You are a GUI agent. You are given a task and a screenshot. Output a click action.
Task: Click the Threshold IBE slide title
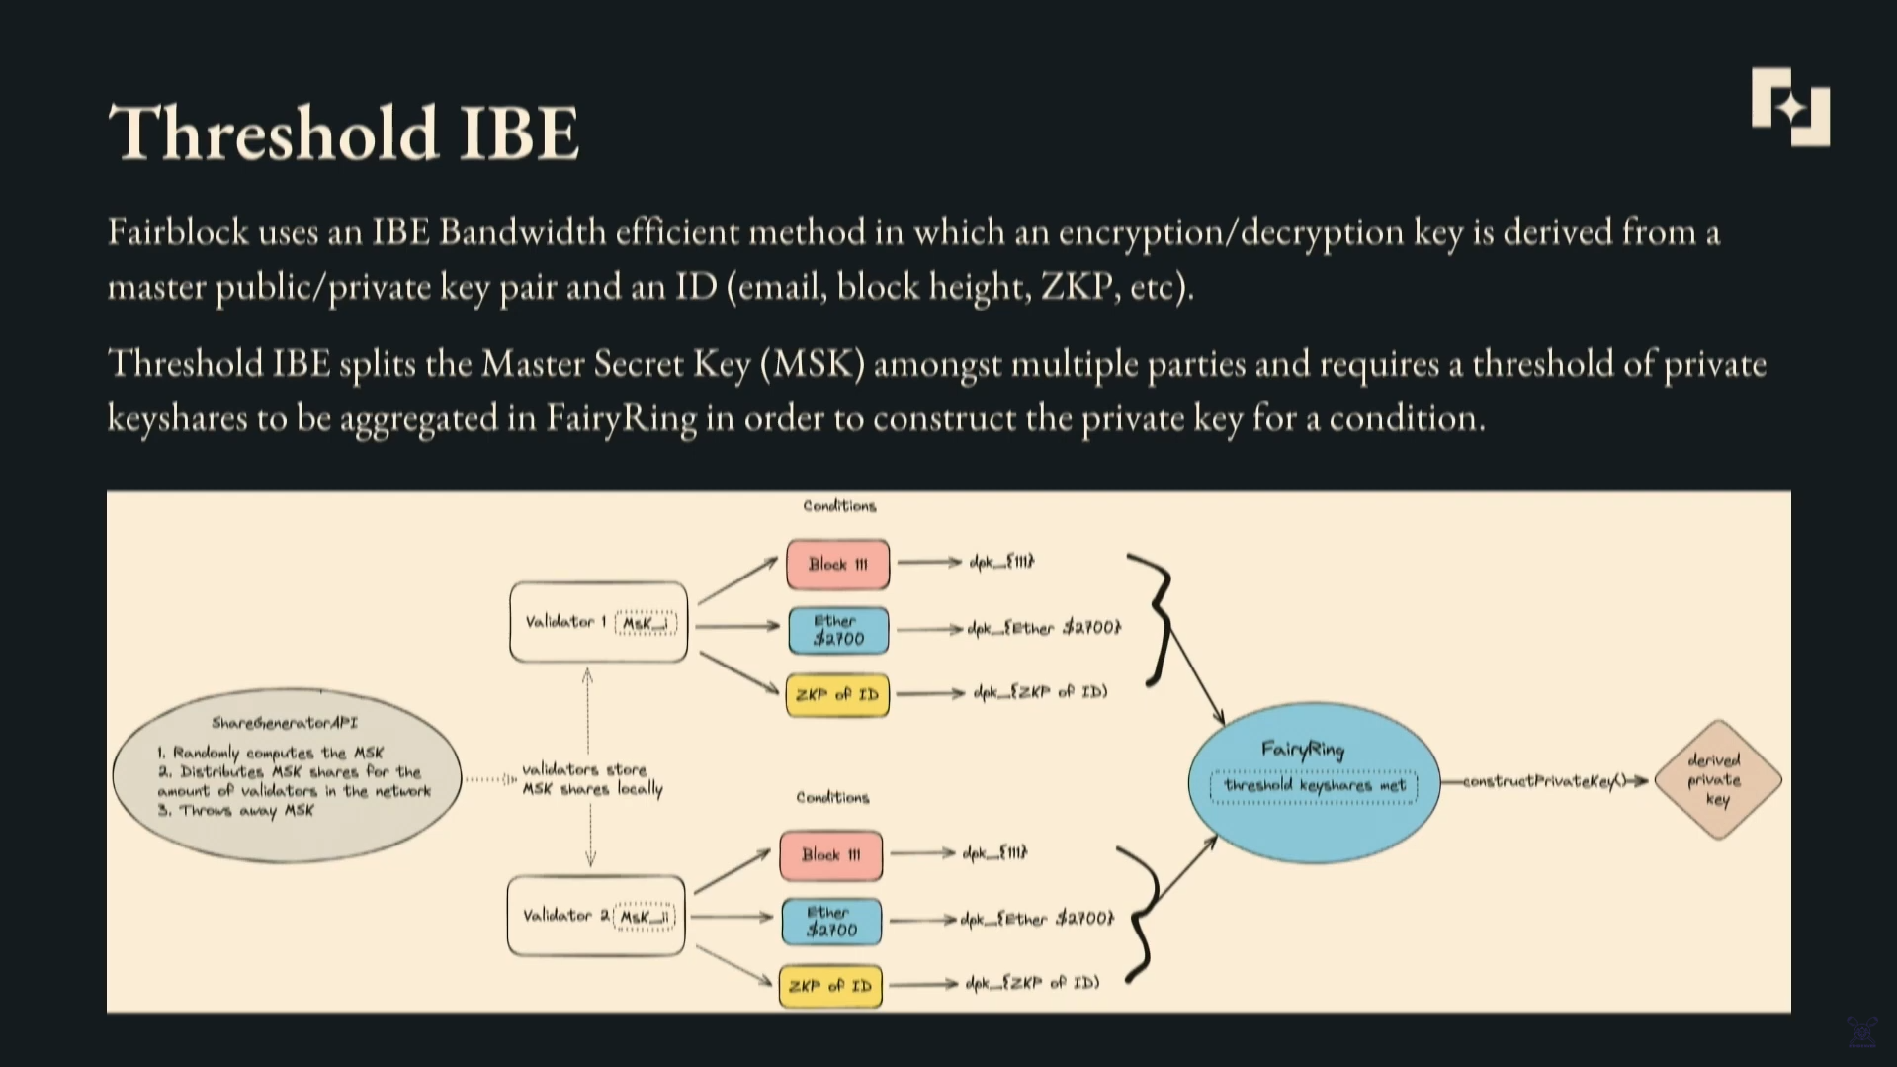coord(343,133)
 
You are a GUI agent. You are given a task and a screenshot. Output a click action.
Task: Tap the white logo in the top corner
coord(1789,107)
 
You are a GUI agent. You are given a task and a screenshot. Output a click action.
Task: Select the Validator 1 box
coord(598,622)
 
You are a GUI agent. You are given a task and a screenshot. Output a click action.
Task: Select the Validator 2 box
coord(596,916)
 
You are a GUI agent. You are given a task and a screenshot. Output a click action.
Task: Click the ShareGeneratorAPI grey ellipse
coord(287,776)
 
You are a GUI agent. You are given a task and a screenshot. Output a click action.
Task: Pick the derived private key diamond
coord(1717,779)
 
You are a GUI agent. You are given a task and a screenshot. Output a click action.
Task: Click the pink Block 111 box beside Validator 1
coord(837,564)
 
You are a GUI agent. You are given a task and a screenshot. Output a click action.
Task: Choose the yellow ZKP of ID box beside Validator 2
coord(830,986)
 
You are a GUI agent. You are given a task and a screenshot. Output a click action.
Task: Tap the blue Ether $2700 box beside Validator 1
coord(838,630)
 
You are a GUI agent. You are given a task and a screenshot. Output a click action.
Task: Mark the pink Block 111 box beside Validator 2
coord(830,854)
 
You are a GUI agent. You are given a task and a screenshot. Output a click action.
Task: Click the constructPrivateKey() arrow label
coord(1544,781)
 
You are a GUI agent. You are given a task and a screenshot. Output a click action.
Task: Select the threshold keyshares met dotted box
coord(1314,786)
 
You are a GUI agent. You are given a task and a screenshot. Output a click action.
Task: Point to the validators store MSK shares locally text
coord(591,779)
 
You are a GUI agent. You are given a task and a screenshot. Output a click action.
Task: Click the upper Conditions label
coord(839,506)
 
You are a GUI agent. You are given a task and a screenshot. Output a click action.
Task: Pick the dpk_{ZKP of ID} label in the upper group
coord(1040,692)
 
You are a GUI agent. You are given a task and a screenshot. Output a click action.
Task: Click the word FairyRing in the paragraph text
coord(621,418)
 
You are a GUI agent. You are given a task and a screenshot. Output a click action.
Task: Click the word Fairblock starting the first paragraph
coord(178,232)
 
